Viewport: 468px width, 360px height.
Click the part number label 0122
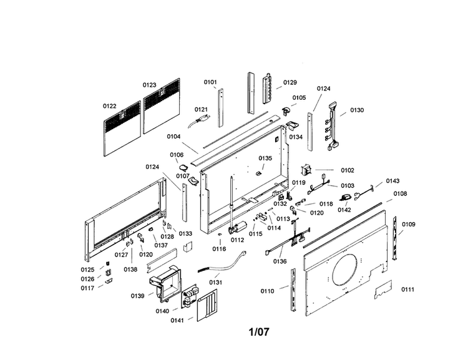(x=109, y=106)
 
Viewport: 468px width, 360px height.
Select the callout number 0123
(x=149, y=85)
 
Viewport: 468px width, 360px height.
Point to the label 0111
(x=407, y=289)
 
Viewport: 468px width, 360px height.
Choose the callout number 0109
(x=408, y=224)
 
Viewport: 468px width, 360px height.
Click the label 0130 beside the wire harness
(x=356, y=110)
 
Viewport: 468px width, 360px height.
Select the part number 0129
(x=290, y=83)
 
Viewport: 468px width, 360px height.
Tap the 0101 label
(x=210, y=82)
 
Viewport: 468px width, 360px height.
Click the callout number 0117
(x=87, y=288)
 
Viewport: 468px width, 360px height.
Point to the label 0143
(x=392, y=181)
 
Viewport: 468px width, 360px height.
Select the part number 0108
(x=400, y=194)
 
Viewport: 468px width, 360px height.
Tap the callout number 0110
(x=267, y=291)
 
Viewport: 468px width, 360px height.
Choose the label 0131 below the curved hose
(x=215, y=283)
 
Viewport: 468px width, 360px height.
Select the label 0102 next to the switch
(x=347, y=170)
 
